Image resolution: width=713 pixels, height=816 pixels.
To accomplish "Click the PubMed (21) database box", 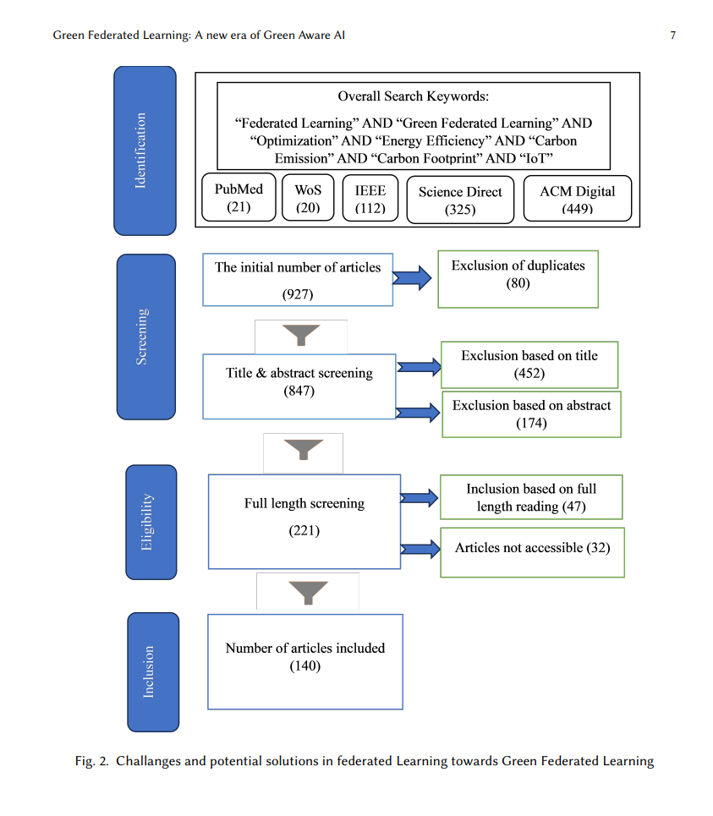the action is [239, 197].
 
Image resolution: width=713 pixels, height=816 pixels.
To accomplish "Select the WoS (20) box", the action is [308, 198].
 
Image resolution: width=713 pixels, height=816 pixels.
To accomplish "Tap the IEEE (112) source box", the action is [370, 198].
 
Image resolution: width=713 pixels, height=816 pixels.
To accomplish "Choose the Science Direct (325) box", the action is [460, 200].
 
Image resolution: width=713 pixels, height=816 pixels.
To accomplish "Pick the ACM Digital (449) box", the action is [577, 199].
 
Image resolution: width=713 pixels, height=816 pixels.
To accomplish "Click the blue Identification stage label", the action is [145, 151].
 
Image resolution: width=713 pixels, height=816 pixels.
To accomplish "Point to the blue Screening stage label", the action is [146, 337].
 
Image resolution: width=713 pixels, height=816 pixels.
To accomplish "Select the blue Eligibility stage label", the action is [151, 522].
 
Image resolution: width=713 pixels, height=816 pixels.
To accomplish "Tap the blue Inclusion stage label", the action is [153, 672].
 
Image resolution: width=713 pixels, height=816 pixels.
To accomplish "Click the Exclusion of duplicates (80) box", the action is [518, 279].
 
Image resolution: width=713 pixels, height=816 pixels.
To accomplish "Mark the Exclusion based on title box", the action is [529, 364].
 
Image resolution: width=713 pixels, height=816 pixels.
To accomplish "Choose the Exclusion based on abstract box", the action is [531, 414].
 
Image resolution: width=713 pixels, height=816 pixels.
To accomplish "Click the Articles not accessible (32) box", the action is [532, 553].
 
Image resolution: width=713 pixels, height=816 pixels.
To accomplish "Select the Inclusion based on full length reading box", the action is [531, 497].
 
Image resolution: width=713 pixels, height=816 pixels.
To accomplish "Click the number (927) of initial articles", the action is [298, 294].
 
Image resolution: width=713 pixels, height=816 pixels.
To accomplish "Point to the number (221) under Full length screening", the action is [304, 531].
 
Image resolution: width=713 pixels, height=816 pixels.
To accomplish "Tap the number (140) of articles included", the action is [305, 666].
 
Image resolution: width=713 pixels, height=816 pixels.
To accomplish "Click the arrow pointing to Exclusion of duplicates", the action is [412, 278].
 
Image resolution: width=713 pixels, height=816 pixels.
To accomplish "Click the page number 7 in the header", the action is [673, 36].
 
